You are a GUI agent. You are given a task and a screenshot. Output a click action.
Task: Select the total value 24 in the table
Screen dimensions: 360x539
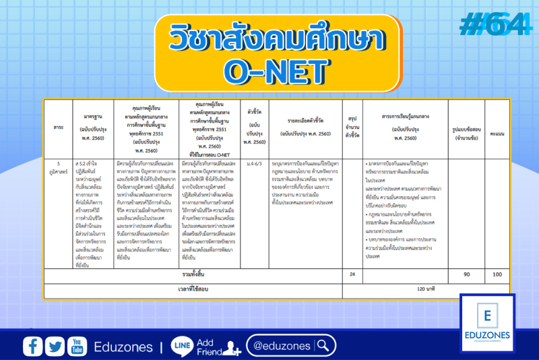(x=352, y=274)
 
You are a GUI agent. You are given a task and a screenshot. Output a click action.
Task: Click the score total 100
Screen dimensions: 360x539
(x=497, y=274)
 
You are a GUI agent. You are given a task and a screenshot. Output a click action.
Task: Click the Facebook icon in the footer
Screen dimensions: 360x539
(x=32, y=346)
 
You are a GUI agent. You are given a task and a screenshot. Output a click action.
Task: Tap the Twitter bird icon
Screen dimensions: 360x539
(x=55, y=346)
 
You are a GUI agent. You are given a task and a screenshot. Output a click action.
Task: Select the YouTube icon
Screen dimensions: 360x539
(x=76, y=346)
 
